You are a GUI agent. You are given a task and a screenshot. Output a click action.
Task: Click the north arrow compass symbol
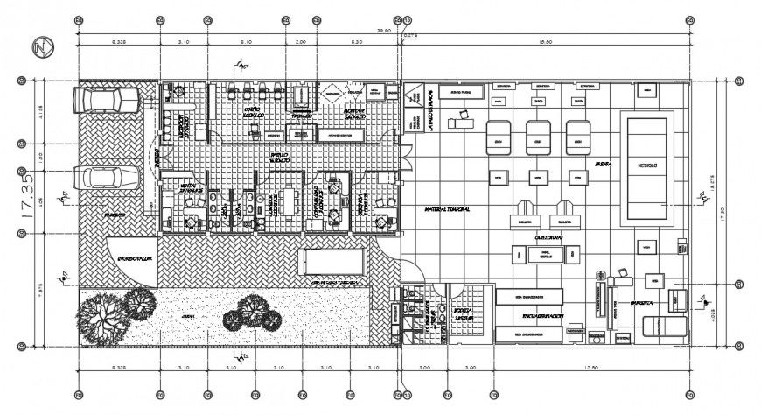click(38, 46)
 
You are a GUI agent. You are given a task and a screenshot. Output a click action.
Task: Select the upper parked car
click(106, 101)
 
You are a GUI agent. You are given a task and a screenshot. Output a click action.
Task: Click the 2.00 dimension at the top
click(301, 42)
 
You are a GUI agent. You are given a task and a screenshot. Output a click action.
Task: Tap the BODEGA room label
click(463, 313)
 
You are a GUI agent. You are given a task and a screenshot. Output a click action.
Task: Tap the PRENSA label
click(603, 164)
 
